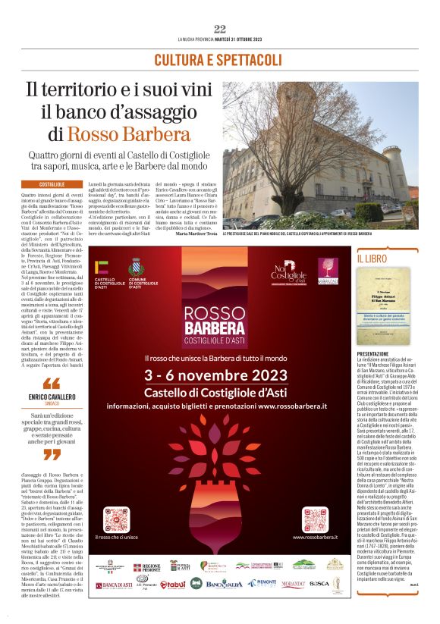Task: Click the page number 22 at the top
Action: [220, 29]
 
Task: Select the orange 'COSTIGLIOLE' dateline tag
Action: [52, 184]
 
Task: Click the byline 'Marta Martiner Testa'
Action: [196, 234]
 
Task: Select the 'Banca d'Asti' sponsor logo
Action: [111, 585]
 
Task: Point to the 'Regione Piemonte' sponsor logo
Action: [148, 566]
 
